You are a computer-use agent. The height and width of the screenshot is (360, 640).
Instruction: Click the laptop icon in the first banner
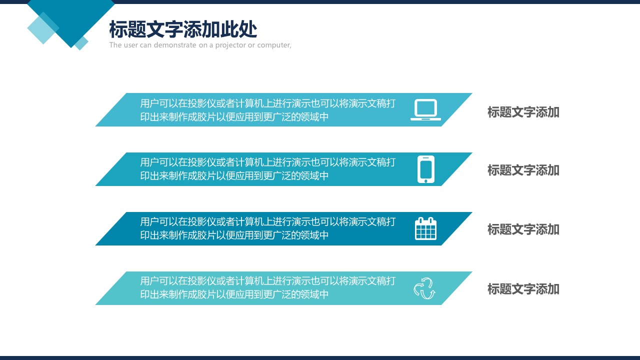425,109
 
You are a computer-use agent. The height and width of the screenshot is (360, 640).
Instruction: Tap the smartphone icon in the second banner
425,169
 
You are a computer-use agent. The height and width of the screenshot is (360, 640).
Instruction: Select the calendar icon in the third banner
425,228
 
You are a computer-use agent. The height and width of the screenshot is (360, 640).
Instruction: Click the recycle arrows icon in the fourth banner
424,288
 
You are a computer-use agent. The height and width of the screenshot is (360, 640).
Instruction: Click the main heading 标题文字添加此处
183,29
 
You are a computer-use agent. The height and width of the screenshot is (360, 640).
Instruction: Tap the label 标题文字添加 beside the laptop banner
523,112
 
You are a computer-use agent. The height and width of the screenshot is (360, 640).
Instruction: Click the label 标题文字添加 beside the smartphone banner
523,170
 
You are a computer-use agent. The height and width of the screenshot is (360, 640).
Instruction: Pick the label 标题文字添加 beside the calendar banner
523,229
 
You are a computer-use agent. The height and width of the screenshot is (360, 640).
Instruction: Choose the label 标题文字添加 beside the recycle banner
523,289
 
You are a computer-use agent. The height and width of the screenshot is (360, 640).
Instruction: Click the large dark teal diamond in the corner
71,17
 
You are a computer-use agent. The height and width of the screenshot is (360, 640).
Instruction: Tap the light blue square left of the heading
43,28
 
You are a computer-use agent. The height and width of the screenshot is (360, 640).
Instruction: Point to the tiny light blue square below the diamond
81,43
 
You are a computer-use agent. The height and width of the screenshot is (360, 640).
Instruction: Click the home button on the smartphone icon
425,181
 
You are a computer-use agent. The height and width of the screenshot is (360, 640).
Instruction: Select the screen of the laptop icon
425,108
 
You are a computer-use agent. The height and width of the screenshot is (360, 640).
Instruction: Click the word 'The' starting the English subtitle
115,45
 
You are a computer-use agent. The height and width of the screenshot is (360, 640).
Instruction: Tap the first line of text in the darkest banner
267,221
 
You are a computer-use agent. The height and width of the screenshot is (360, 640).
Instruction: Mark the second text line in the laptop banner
234,117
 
